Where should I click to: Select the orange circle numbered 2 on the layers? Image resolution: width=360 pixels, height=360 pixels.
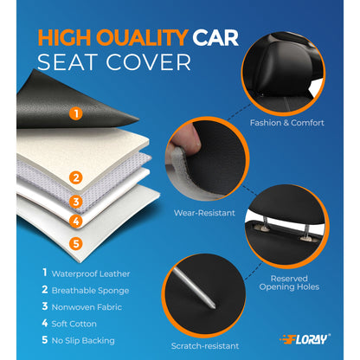(76, 178)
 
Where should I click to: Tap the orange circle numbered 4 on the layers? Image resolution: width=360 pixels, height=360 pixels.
(75, 222)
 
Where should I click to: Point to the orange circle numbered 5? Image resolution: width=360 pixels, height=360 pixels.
(75, 243)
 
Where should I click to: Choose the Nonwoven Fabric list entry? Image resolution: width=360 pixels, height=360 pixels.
(82, 307)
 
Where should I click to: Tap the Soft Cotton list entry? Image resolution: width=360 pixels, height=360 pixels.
(73, 325)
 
